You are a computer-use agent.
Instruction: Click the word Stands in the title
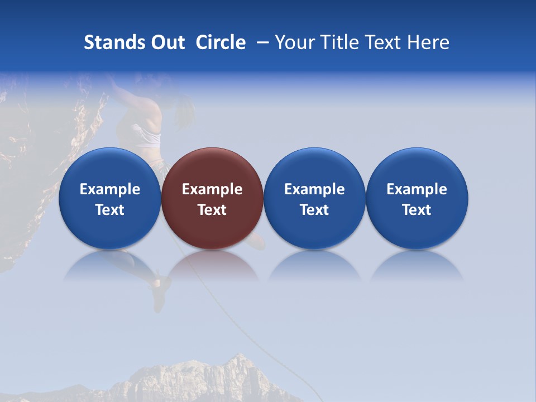[108, 42]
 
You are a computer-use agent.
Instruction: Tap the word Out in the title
[166, 42]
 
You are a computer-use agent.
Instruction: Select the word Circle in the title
[221, 42]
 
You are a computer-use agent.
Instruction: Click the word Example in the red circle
[212, 189]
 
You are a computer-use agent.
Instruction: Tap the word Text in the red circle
[212, 210]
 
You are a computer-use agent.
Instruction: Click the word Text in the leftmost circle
[109, 210]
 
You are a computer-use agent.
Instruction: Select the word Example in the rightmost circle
[417, 189]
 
